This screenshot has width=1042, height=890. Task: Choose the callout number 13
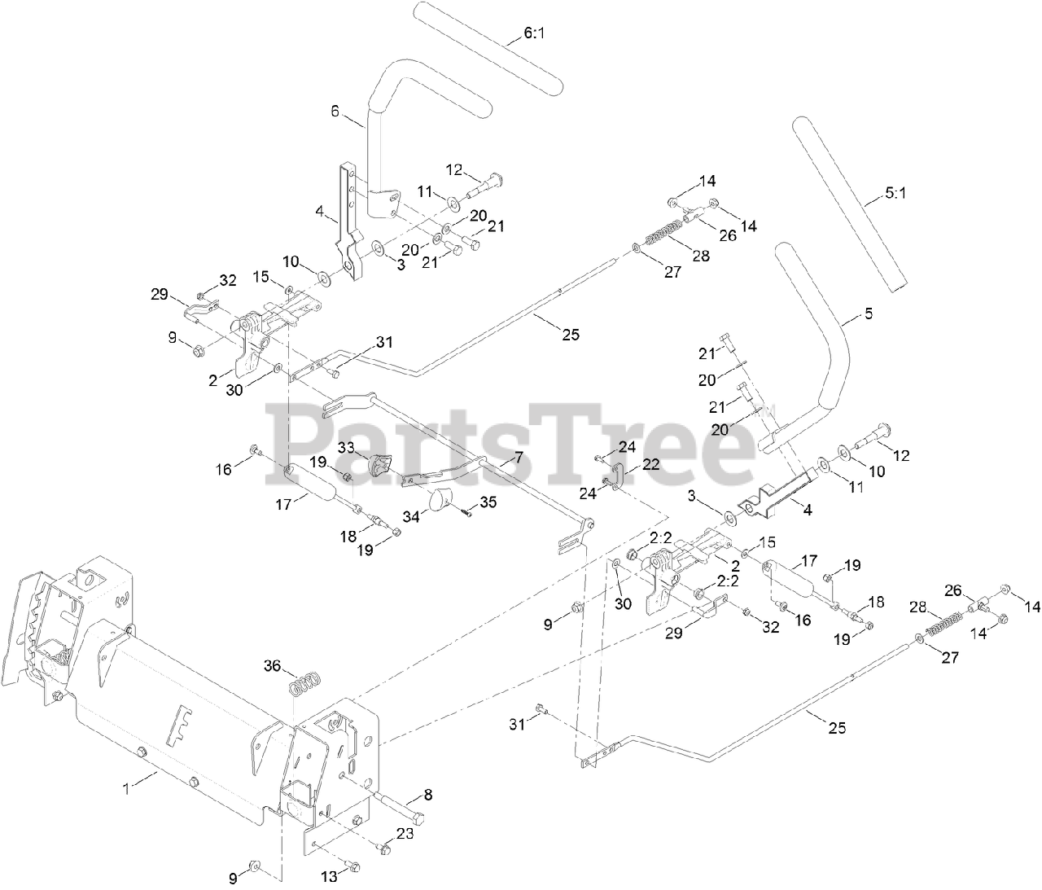click(329, 877)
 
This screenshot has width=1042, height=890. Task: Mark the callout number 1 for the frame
click(125, 787)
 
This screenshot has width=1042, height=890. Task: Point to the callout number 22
click(651, 463)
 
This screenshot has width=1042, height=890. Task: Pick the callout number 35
click(488, 502)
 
